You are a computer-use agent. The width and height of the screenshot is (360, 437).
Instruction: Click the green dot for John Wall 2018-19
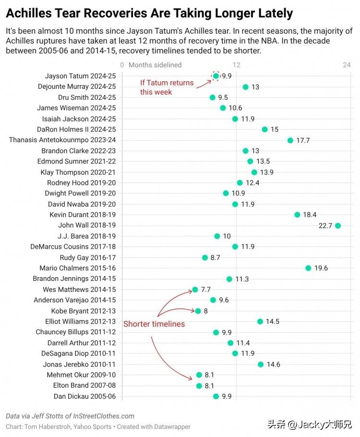[338, 226]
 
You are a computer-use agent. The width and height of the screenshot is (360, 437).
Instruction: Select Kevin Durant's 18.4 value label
[310, 215]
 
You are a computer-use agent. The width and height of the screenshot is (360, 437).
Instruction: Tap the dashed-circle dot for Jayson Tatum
[216, 76]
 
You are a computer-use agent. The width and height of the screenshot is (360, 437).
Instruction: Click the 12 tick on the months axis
[236, 65]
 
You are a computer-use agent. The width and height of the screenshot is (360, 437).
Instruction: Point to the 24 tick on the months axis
[347, 65]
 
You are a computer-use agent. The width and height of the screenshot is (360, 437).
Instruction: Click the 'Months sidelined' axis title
[155, 65]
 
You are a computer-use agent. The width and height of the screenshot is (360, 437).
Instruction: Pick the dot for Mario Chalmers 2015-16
[308, 268]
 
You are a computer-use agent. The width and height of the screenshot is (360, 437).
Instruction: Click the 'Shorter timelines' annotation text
[154, 324]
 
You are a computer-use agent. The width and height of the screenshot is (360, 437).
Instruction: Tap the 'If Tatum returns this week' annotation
[167, 87]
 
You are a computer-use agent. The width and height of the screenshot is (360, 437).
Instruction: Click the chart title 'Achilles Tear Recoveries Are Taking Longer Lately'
[149, 13]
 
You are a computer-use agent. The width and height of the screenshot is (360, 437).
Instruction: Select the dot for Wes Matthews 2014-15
[195, 290]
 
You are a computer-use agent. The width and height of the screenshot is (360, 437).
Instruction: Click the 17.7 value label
[303, 140]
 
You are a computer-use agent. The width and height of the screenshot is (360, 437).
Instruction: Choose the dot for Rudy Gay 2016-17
[205, 257]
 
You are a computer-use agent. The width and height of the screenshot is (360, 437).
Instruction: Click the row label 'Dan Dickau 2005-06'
[85, 396]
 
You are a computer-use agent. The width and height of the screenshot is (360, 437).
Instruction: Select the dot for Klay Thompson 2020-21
[254, 172]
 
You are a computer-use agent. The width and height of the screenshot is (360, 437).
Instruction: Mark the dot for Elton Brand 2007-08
[199, 386]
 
